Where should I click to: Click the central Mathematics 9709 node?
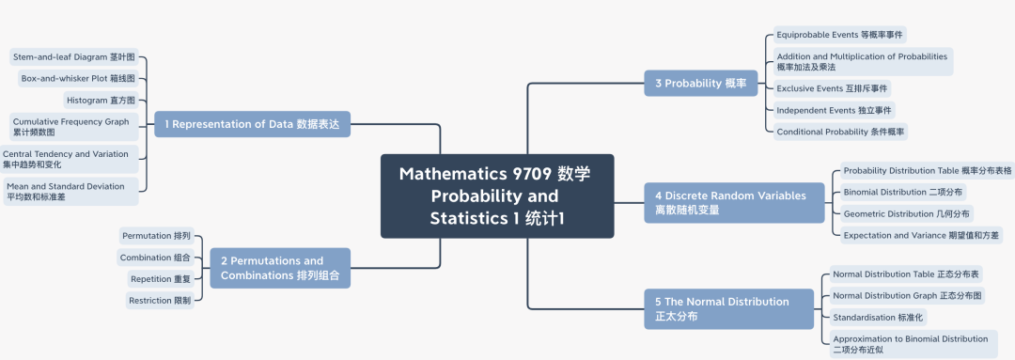[496, 196]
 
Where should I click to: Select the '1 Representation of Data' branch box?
[251, 123]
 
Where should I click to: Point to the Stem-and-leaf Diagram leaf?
[73, 57]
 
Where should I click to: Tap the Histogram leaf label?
[101, 100]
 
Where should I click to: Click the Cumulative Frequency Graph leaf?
[72, 127]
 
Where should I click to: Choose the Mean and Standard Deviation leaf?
[70, 191]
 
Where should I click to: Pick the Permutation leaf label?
[156, 235]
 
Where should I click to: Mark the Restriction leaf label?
[163, 300]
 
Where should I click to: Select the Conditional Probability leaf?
[840, 132]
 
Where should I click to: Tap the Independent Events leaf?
[835, 110]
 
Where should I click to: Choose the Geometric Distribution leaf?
[900, 213]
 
